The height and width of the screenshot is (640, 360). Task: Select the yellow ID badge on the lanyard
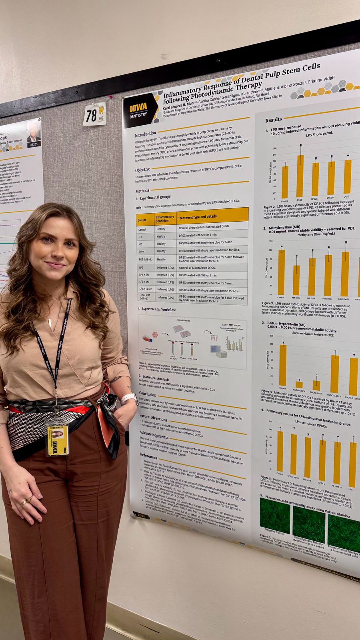point(58,440)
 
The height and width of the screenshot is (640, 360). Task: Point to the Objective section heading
point(142,170)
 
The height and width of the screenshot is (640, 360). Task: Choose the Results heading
point(274,120)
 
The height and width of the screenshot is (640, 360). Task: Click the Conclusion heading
point(148,394)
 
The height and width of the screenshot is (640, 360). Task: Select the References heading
point(148,455)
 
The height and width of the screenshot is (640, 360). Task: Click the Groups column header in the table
point(142,220)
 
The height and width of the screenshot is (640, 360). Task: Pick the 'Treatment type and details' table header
point(197,216)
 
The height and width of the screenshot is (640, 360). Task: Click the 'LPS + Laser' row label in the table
point(145,289)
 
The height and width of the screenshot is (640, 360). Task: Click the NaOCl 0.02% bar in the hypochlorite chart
point(299,385)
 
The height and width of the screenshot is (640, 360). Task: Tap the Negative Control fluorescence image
point(275,516)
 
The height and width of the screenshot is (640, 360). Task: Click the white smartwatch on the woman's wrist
point(128,398)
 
